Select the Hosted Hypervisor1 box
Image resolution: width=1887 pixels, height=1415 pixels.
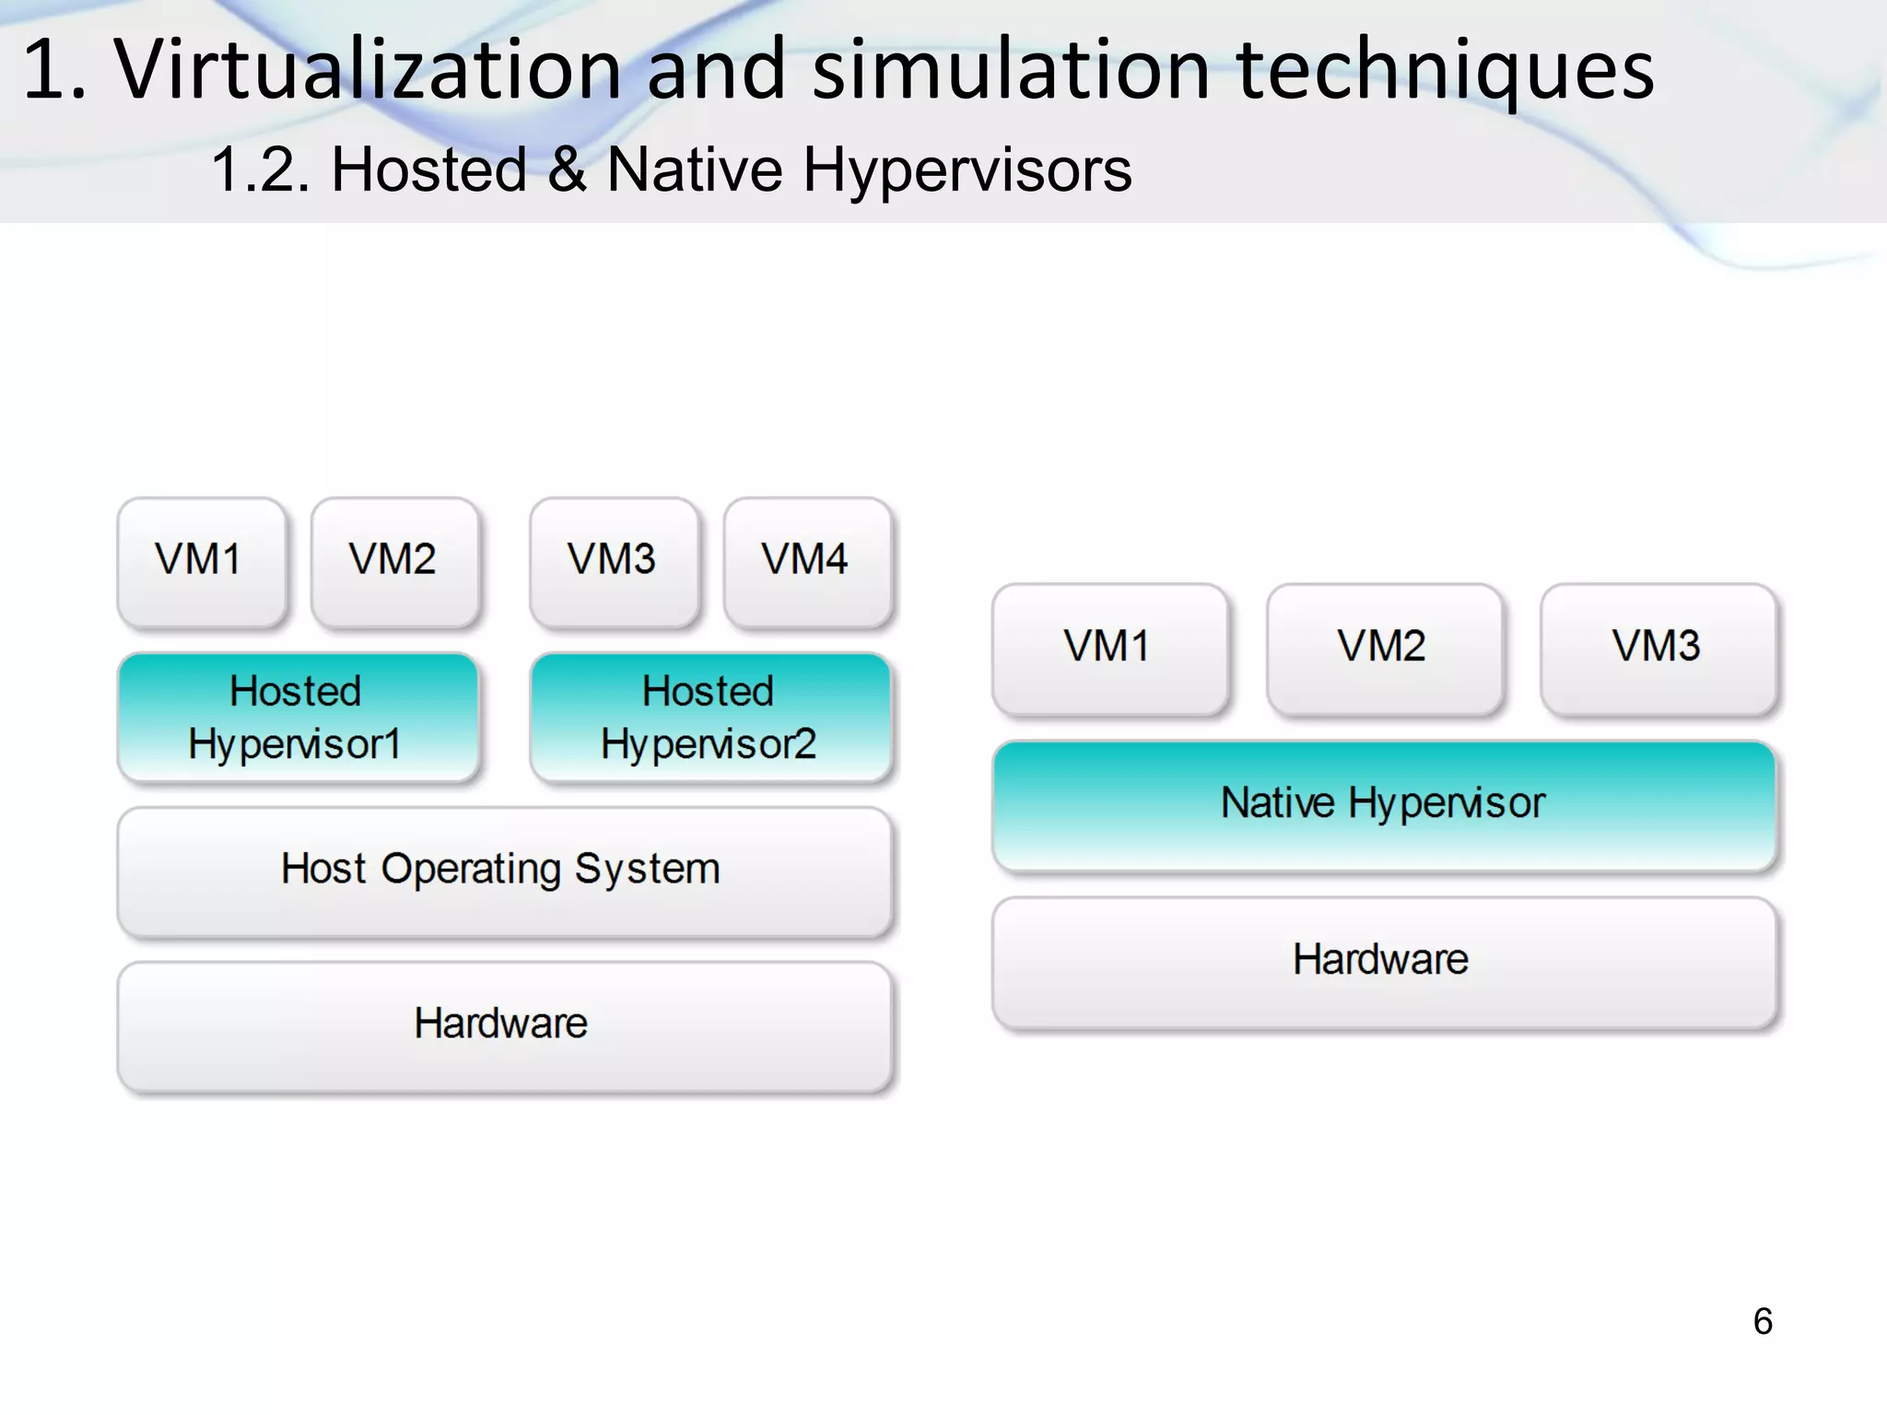tap(298, 718)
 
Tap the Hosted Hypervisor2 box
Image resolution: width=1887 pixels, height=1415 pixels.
tap(710, 718)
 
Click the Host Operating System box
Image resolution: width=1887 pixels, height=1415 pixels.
tap(504, 871)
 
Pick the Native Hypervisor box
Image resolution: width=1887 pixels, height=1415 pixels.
tap(1384, 804)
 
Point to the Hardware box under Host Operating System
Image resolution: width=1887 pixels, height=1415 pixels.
tap(504, 1025)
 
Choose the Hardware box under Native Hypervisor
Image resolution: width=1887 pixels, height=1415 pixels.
tap(1384, 961)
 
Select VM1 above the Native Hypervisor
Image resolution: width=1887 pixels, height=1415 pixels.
tap(1109, 648)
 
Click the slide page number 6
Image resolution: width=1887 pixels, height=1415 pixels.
tap(1763, 1322)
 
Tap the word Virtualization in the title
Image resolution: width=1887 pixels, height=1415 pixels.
tap(369, 70)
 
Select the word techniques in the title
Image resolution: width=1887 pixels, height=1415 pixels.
tap(1445, 70)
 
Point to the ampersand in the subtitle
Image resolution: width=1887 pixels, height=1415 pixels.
tap(567, 170)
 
